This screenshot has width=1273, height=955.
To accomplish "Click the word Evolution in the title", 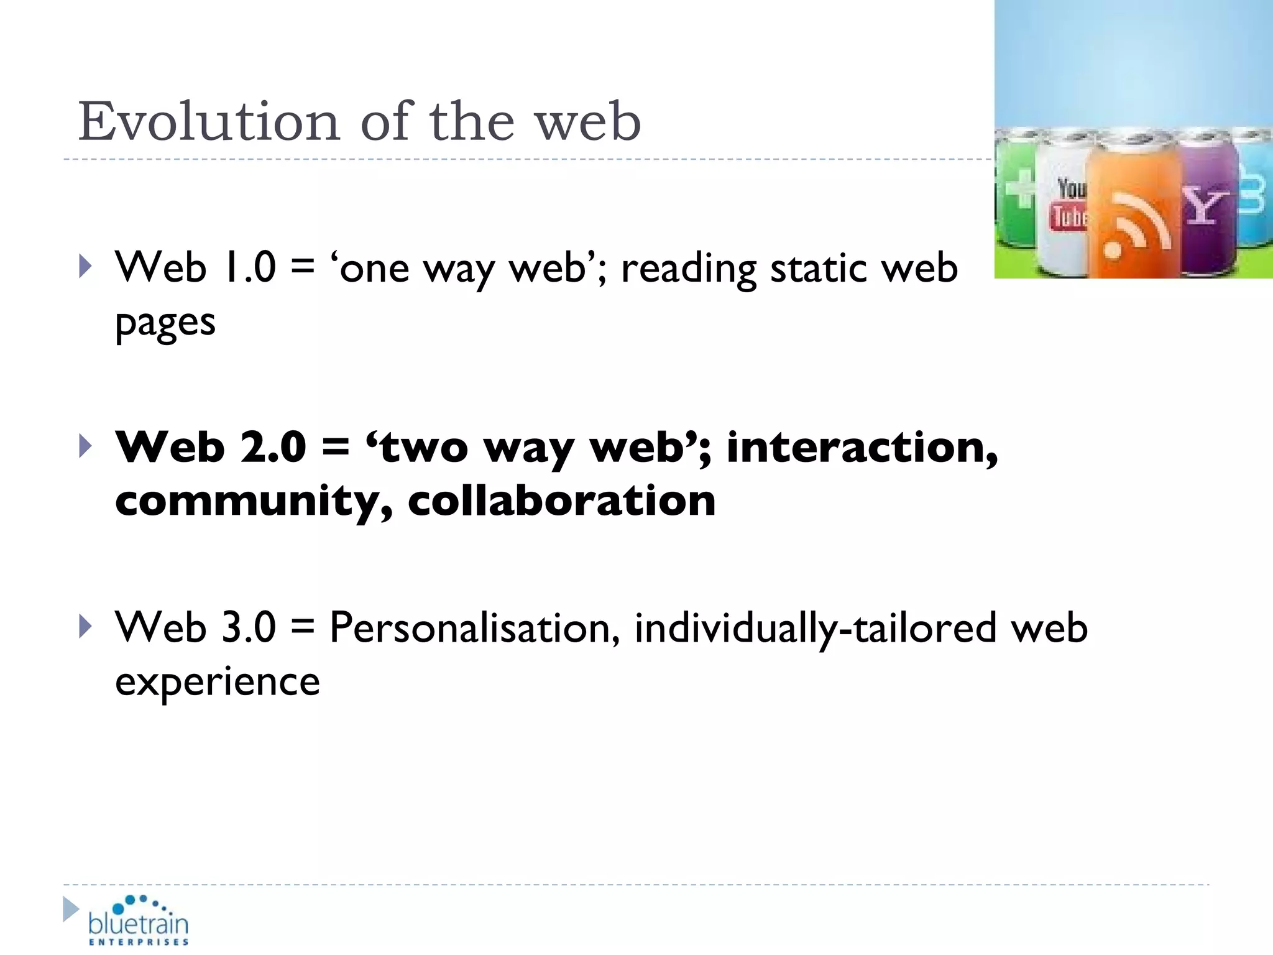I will (209, 121).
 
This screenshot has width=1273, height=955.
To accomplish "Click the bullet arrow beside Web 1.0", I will (86, 267).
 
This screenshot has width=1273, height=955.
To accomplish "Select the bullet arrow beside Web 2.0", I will (86, 446).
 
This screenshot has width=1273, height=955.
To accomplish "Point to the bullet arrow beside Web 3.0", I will (86, 627).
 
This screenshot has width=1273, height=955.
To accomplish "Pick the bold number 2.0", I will (273, 447).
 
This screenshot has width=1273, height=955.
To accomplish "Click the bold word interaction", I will (862, 447).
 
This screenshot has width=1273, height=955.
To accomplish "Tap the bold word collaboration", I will (561, 501).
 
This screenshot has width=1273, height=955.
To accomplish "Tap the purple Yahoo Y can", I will (1204, 205).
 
